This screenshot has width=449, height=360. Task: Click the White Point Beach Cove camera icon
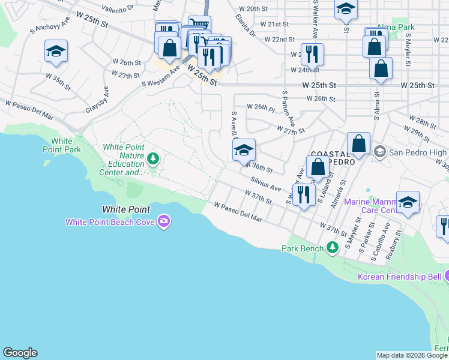(x=163, y=222)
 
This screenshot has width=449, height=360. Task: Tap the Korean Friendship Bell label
(x=399, y=277)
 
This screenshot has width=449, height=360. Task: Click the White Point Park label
(x=62, y=145)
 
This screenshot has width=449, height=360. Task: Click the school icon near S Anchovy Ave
(x=56, y=52)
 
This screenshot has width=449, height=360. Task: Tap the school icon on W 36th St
(x=244, y=151)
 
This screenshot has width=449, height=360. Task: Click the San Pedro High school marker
(x=379, y=152)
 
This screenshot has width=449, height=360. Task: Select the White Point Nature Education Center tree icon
(x=154, y=158)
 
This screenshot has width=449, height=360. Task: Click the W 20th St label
(x=252, y=9)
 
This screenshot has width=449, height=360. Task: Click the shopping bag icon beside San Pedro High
(x=358, y=145)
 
